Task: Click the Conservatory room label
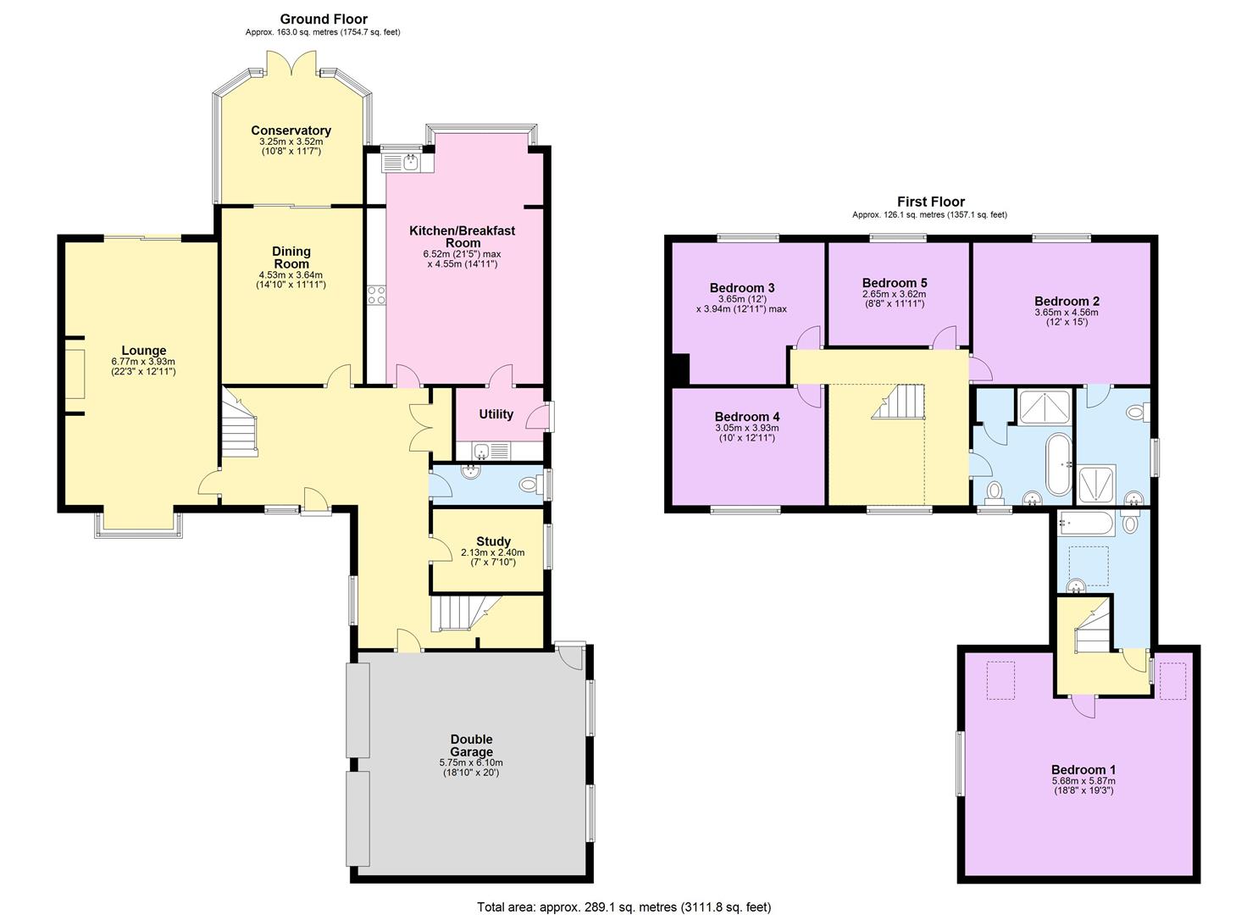pos(291,130)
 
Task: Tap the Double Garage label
pos(471,746)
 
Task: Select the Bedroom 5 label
pos(895,283)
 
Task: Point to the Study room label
pos(493,541)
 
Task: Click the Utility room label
pos(496,414)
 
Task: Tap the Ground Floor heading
pos(324,19)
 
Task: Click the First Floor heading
pos(930,202)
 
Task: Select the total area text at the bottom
pos(624,907)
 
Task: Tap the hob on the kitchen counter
pos(375,295)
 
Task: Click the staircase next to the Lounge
pos(238,424)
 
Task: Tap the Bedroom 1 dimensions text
pos(1083,785)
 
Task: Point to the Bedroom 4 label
pos(746,417)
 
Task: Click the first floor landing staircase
pos(900,402)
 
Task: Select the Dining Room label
pos(291,258)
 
